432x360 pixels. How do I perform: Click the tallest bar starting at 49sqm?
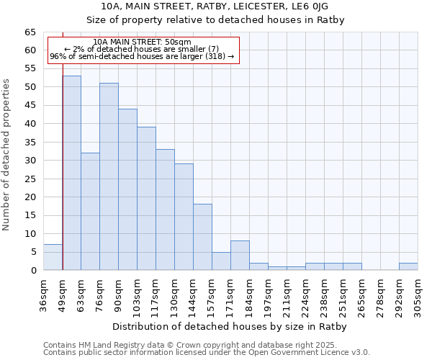71,173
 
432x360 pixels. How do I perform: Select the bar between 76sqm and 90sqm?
109,176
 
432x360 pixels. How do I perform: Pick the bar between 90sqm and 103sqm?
127,189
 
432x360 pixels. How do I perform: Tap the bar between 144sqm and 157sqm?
202,237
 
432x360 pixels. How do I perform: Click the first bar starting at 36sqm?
53,257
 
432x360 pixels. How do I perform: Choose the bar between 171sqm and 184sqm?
240,256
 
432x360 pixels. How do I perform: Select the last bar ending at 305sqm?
408,266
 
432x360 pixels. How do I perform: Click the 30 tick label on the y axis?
30,161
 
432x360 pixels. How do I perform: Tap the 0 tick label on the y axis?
33,271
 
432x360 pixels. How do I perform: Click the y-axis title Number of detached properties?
7,154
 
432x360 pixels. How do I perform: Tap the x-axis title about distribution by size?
230,327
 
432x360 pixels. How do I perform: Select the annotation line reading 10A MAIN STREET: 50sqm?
143,42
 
